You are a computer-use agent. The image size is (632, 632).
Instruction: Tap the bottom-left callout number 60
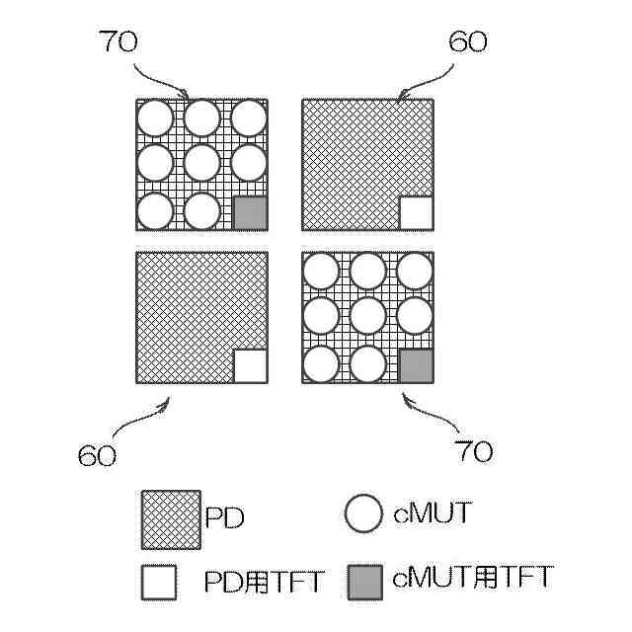pyautogui.click(x=97, y=455)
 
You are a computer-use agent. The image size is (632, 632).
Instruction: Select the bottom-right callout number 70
pyautogui.click(x=473, y=451)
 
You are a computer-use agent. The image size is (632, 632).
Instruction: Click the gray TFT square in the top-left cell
pyautogui.click(x=250, y=213)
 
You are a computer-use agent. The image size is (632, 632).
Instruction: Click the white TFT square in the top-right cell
pyautogui.click(x=416, y=213)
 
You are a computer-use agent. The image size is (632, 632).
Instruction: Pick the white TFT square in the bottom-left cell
pyautogui.click(x=250, y=366)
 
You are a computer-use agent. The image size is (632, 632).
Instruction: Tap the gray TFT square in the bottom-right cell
pyautogui.click(x=416, y=366)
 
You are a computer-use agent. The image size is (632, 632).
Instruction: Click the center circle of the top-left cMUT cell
pyautogui.click(x=201, y=164)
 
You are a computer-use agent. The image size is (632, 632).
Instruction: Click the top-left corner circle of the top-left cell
pyautogui.click(x=154, y=118)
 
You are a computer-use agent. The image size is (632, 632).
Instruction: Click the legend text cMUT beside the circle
pyautogui.click(x=433, y=514)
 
